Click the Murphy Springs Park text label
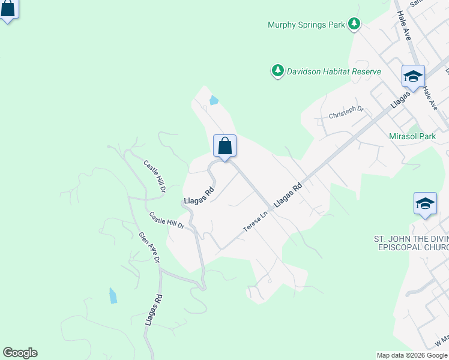pyautogui.click(x=306, y=25)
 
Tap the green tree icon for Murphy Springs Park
pyautogui.click(x=355, y=24)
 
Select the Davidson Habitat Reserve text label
pyautogui.click(x=333, y=71)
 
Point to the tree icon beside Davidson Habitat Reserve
pyautogui.click(x=277, y=71)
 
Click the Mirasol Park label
pyautogui.click(x=412, y=136)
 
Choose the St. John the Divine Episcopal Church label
pyautogui.click(x=411, y=243)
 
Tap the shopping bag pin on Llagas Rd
pyautogui.click(x=224, y=146)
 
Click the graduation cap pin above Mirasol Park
pyautogui.click(x=413, y=77)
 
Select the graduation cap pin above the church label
pyautogui.click(x=425, y=203)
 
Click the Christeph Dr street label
pyautogui.click(x=346, y=112)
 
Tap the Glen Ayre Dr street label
pyautogui.click(x=149, y=248)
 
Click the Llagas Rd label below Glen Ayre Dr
pyautogui.click(x=153, y=310)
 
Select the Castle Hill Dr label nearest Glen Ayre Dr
pyautogui.click(x=166, y=220)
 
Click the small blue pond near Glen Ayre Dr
pyautogui.click(x=113, y=295)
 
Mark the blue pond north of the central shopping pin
pyautogui.click(x=213, y=101)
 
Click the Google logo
pyautogui.click(x=20, y=353)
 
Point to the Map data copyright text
pyautogui.click(x=412, y=355)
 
